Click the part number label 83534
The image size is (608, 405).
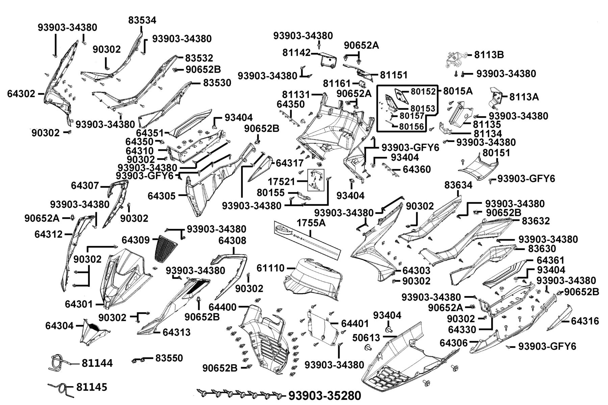[142, 20]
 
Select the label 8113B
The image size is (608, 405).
[489, 55]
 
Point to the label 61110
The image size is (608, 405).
[271, 268]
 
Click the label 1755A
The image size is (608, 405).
[311, 223]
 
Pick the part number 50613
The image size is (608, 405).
[366, 337]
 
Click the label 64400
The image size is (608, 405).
[223, 307]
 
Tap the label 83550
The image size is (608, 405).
[169, 358]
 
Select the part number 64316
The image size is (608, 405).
[585, 321]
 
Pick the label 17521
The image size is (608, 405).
[281, 182]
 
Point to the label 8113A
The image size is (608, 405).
[524, 97]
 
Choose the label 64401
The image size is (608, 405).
[355, 323]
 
